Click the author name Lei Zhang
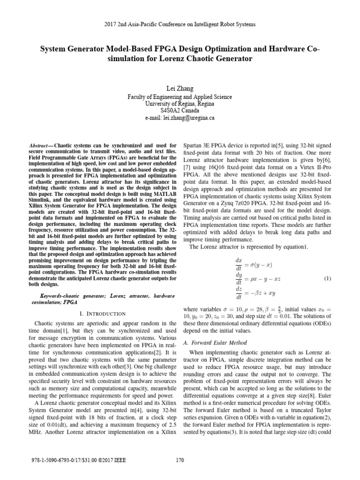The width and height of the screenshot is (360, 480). point(180,88)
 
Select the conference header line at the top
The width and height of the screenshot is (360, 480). point(180,24)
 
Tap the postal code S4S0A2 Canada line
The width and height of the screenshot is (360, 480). point(180,111)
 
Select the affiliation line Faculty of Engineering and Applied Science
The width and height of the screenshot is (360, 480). point(180,97)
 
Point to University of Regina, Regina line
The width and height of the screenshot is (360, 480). point(180,104)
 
